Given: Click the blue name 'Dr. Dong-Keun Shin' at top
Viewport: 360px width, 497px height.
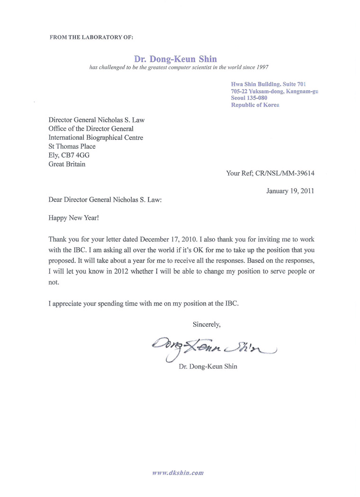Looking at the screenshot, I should [175, 59].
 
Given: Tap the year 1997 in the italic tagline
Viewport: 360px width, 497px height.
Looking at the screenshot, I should [261, 68].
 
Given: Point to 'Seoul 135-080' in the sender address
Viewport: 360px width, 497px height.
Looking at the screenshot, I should [249, 98].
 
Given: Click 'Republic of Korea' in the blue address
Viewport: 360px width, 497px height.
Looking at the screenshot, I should [255, 105].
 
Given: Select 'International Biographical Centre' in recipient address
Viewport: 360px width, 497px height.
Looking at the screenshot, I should [96, 137].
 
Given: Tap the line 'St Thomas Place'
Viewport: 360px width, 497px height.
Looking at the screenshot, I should [72, 146].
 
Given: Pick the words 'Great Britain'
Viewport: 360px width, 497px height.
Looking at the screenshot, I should [67, 164].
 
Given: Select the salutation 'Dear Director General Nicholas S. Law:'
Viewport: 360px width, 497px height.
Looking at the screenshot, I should [105, 200].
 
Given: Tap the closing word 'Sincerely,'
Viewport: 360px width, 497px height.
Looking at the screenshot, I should [207, 325].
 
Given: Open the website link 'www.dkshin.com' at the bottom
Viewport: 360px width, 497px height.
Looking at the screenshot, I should [178, 473].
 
